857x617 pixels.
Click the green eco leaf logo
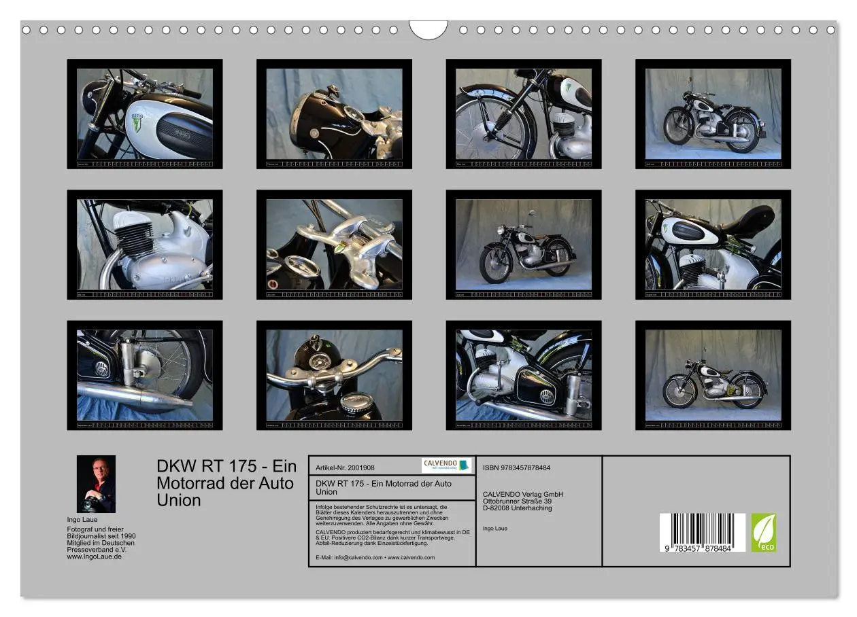763,532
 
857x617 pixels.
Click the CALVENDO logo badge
446,465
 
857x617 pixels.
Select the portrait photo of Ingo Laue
96,484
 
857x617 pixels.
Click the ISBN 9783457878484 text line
516,468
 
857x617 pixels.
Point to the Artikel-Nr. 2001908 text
346,468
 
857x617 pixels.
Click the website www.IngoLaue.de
95,557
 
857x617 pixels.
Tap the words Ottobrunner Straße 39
517,501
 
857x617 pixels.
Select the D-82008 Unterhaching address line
517,508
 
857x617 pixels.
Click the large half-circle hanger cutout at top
428,29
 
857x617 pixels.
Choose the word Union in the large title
179,501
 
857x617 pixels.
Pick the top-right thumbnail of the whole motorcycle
713,113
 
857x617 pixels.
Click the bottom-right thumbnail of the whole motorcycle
713,375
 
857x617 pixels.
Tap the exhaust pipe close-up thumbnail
144,375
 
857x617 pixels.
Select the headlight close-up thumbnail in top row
334,113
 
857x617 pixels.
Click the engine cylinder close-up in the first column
144,245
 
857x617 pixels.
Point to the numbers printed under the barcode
702,548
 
